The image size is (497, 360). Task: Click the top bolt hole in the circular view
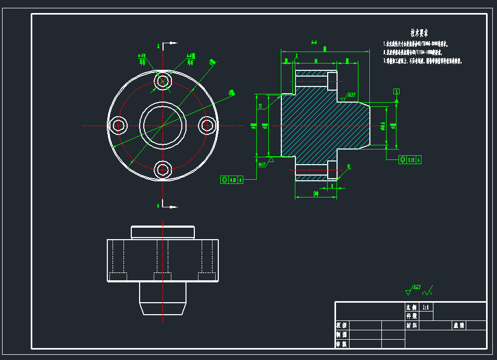(163, 81)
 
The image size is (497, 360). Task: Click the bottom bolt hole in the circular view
(163, 169)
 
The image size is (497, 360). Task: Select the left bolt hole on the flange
(119, 125)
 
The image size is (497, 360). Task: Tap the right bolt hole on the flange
(207, 125)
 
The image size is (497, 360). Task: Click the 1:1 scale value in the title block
(426, 307)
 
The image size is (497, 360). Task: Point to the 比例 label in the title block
(412, 307)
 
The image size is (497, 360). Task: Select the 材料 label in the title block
(412, 326)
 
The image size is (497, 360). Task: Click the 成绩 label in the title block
(458, 326)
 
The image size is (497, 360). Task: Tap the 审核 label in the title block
(341, 344)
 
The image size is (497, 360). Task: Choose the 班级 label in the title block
(341, 326)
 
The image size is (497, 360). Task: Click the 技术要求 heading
(419, 33)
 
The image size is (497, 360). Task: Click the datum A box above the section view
(396, 91)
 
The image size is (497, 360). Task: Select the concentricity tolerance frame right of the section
(410, 159)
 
